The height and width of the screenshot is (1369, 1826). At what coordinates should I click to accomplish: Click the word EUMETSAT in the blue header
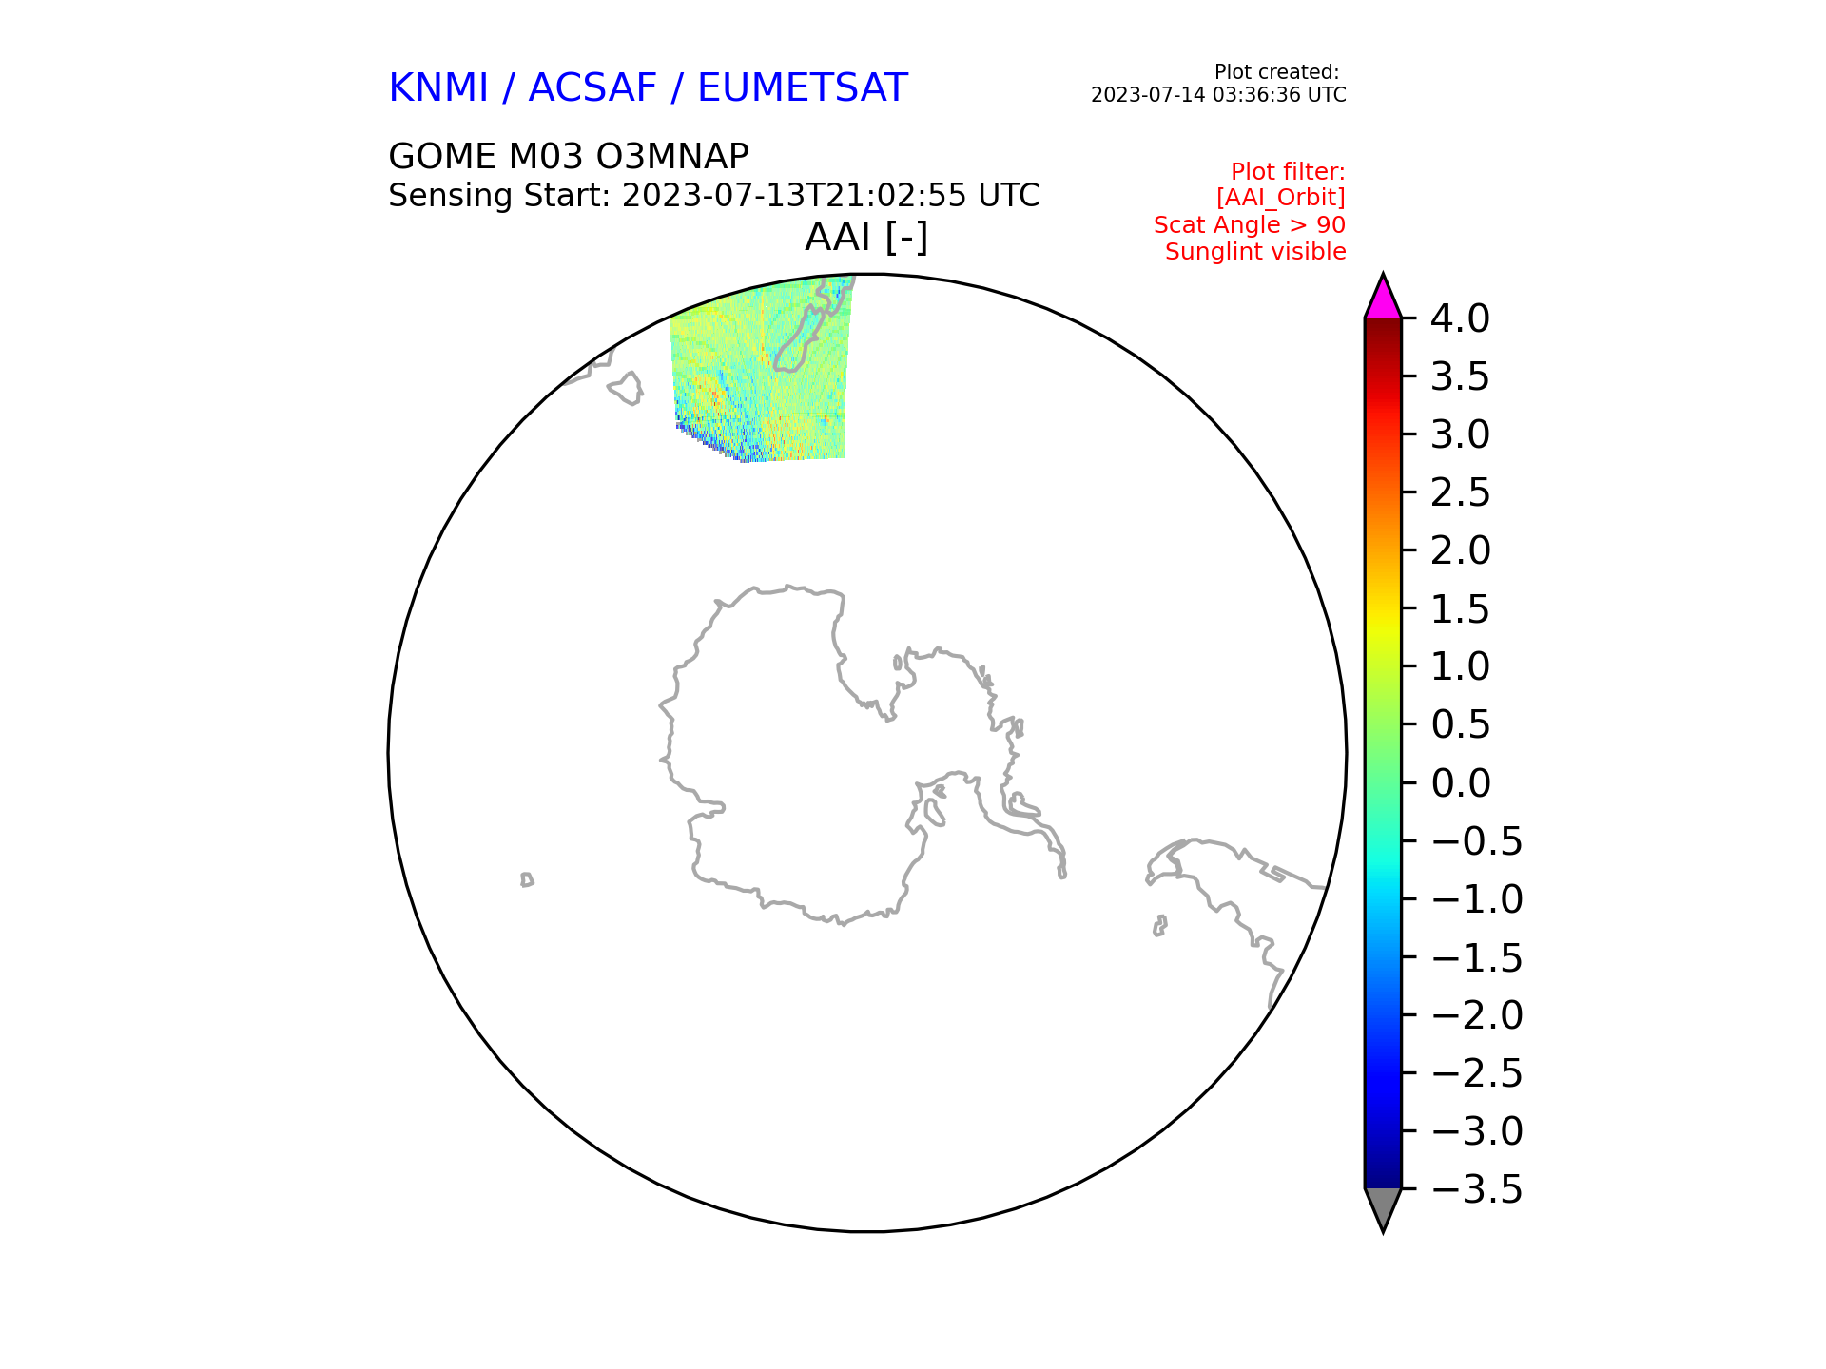coord(803,88)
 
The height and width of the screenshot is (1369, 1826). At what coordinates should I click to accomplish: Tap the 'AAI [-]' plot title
coord(866,237)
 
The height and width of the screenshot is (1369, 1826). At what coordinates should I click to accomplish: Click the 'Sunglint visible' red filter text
coord(1255,252)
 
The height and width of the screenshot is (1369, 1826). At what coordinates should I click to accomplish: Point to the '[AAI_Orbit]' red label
coord(1281,198)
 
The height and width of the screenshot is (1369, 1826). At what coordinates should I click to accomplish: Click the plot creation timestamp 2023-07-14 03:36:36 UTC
coord(1218,95)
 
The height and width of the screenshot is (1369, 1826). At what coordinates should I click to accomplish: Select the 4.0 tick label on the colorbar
coord(1461,319)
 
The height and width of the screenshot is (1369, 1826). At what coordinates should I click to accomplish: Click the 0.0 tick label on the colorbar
coord(1461,784)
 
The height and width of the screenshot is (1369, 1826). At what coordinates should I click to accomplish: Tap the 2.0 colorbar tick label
coord(1461,551)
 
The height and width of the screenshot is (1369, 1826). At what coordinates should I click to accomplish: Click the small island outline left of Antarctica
coord(527,879)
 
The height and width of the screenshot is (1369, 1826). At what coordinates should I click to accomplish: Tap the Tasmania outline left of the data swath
coord(627,388)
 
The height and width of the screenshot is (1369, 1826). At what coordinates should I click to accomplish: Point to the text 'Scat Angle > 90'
coord(1250,225)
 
